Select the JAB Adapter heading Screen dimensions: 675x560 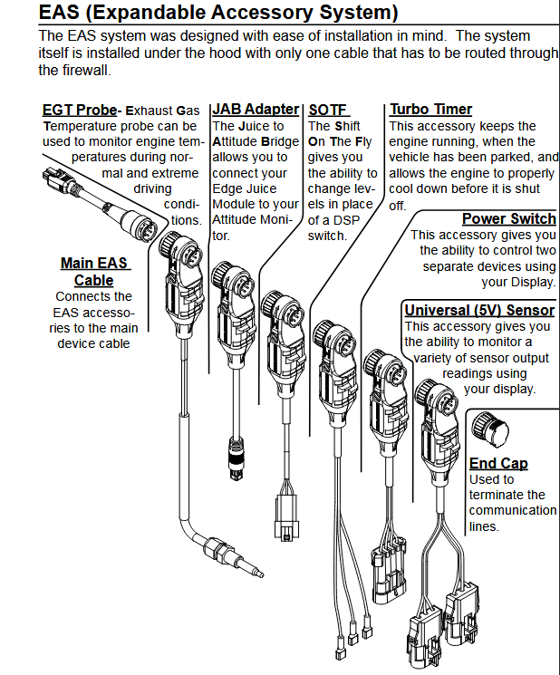[x=242, y=111]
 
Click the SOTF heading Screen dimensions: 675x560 [x=328, y=111]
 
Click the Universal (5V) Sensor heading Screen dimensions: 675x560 [x=479, y=311]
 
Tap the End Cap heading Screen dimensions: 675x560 [x=498, y=463]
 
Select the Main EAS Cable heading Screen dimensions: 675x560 [x=94, y=272]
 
